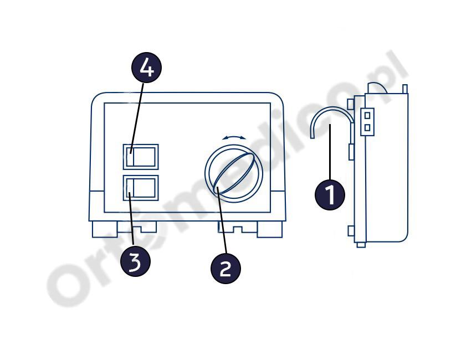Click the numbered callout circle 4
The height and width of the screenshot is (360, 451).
146,68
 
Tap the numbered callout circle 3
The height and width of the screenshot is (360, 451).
135,261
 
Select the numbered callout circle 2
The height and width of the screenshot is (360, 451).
226,268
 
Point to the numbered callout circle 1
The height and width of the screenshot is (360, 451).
330,194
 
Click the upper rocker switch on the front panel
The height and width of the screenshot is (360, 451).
141,157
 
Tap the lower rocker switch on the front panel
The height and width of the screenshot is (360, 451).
141,188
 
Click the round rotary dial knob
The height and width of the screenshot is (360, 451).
234,173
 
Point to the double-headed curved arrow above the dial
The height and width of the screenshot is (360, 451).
234,138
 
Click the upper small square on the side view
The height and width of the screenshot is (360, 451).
367,115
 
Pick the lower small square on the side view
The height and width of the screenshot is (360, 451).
367,127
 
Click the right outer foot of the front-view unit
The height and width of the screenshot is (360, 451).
269,229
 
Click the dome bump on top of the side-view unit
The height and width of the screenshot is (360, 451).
377,88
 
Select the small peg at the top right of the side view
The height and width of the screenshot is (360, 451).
405,89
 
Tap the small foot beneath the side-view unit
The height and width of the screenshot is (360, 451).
361,245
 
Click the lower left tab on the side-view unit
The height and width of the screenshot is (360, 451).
351,231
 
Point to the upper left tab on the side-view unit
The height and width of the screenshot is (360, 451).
351,104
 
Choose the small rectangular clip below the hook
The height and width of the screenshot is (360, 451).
351,152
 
